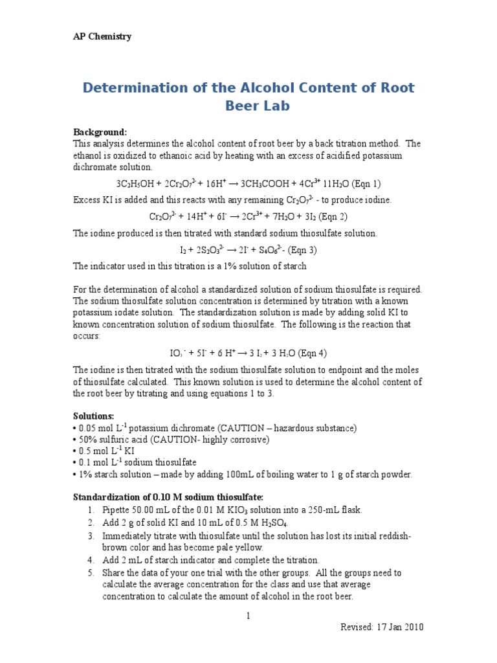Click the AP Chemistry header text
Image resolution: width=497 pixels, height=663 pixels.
click(102, 36)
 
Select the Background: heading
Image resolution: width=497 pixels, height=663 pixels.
click(100, 132)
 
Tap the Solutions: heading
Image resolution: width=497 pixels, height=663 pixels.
click(94, 416)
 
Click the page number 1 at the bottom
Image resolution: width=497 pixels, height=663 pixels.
click(248, 616)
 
